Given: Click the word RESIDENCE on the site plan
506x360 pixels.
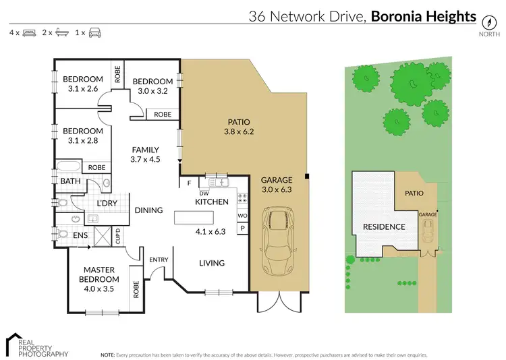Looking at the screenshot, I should point(385,227).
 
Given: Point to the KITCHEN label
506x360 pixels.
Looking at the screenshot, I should point(212,202).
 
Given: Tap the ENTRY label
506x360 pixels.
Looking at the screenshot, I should point(159,259).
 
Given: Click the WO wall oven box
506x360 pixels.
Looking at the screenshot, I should point(242,216).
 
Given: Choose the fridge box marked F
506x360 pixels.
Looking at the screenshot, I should point(189,182).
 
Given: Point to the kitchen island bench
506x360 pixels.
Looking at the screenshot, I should point(194,218).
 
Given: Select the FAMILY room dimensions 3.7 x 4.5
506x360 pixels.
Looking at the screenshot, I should point(146,160).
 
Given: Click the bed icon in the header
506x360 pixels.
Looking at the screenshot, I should point(30,32).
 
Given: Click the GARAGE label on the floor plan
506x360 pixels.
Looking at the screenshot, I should point(277,180).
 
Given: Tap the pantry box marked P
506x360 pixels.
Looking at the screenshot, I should point(242,229).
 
